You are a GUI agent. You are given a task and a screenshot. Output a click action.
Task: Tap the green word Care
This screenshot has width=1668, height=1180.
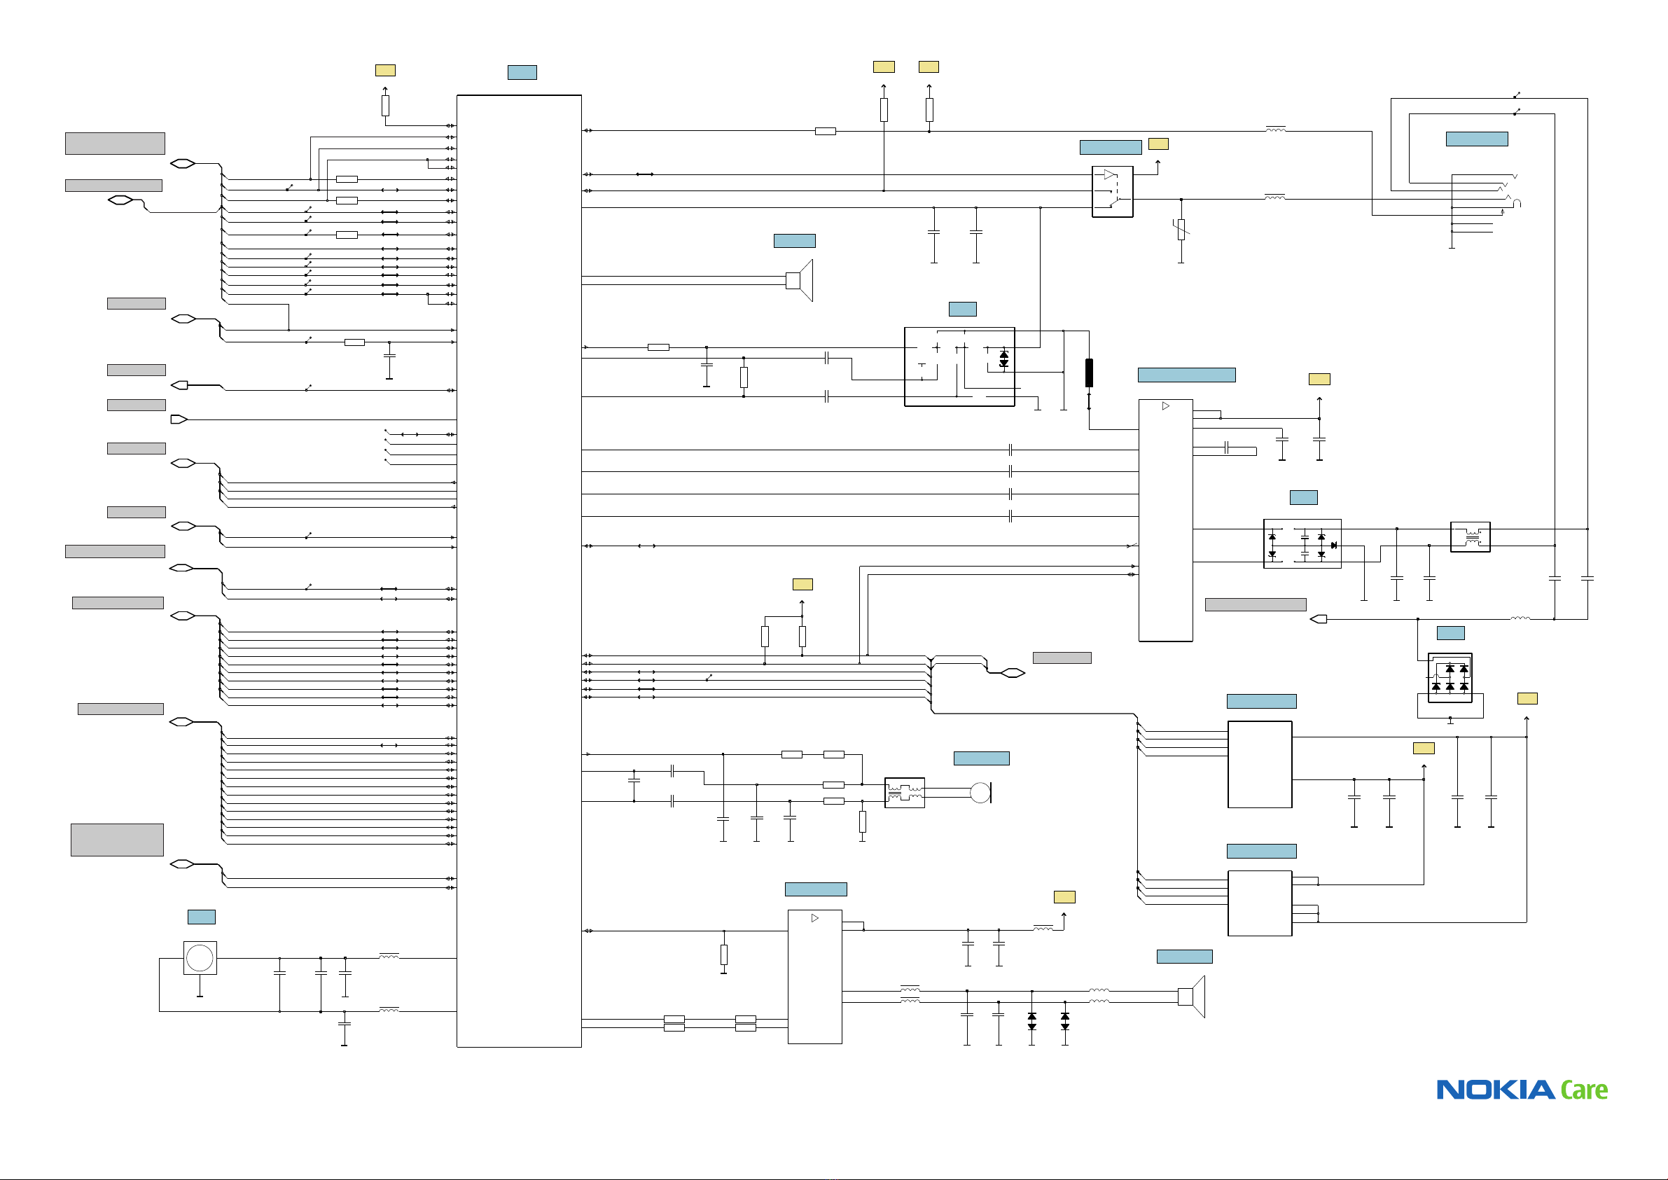point(1585,1090)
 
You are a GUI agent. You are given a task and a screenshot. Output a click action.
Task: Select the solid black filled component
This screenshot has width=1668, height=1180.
point(1089,373)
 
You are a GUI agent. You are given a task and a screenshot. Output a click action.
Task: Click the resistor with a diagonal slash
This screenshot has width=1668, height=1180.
point(1181,230)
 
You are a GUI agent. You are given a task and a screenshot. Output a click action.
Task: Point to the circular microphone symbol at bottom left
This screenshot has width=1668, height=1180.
point(200,958)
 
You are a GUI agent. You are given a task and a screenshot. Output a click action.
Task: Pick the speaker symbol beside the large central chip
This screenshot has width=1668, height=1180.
point(800,280)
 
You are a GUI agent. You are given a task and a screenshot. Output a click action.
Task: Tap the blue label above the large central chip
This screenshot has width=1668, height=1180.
point(522,73)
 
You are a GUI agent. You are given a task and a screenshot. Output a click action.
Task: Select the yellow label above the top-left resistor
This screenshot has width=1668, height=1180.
point(385,71)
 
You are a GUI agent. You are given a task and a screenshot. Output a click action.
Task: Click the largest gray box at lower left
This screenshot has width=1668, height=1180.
point(117,840)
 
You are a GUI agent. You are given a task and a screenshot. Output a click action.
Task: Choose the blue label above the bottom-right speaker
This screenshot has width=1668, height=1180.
point(1184,956)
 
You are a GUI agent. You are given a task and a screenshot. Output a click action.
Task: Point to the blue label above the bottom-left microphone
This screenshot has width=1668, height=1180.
point(201,917)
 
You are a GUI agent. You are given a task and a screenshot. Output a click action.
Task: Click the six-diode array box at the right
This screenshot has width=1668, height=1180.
point(1450,678)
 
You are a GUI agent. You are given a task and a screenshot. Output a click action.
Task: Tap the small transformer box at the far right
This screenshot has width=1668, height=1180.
point(1471,537)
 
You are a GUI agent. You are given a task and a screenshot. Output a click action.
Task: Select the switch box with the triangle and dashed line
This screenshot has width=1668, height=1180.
point(1112,192)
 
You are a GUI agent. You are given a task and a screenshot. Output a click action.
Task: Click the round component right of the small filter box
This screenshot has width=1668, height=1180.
point(981,793)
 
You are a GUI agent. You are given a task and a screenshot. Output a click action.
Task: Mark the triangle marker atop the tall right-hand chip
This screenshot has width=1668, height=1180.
point(1166,406)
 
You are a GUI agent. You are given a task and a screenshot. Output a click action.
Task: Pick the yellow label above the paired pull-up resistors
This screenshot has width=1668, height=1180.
point(802,584)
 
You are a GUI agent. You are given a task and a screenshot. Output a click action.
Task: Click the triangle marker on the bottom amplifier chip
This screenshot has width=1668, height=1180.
point(815,918)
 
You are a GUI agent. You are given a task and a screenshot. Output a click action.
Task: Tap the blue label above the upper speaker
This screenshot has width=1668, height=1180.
point(795,241)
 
